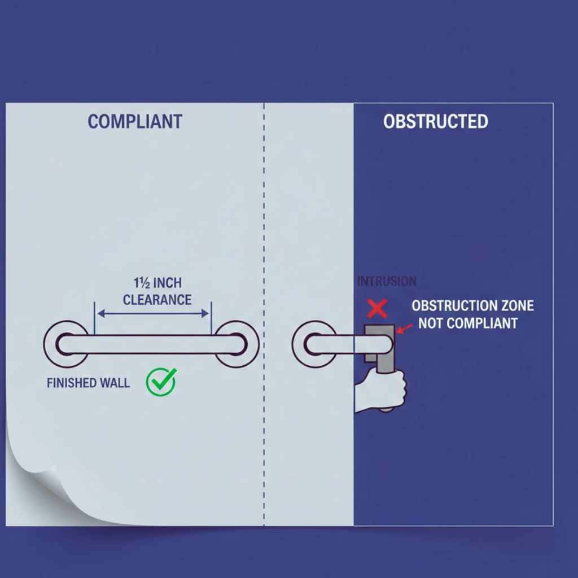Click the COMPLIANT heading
135,121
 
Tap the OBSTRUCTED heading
436,121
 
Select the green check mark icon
161,382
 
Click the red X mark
377,309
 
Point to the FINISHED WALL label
88,383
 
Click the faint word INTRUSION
387,282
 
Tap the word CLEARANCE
157,300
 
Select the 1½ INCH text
157,283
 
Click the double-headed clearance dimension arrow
153,314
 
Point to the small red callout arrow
404,329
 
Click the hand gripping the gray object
380,391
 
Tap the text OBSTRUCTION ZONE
472,306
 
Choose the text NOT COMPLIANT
468,323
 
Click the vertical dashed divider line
264,314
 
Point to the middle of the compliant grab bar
151,344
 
